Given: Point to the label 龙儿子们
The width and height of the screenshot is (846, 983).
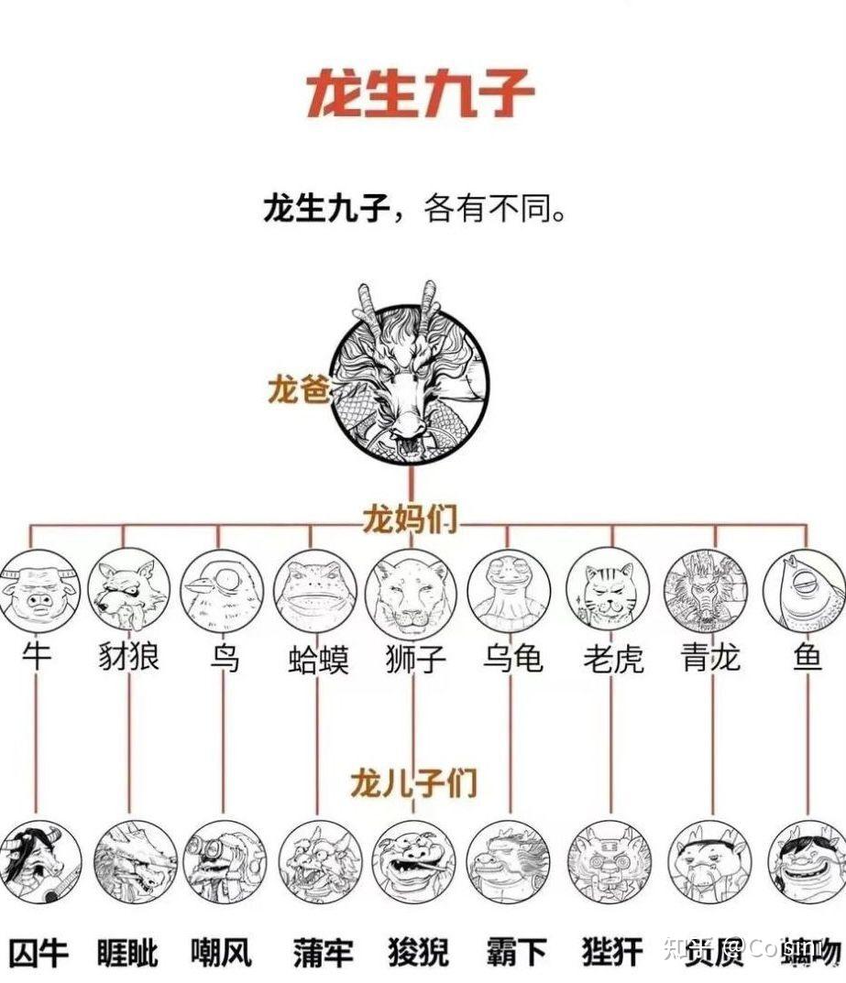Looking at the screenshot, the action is point(413,783).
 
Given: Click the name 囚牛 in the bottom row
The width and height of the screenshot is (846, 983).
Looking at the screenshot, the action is point(36,953).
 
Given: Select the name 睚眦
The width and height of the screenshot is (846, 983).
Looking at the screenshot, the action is point(129,953).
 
